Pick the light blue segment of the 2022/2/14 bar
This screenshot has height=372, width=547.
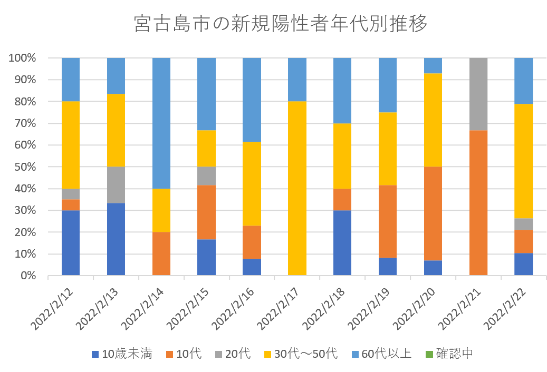[161, 123]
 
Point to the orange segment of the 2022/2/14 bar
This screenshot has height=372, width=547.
[161, 253]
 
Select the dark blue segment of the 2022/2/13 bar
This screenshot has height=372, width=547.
[116, 239]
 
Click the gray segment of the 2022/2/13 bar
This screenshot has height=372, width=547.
[116, 184]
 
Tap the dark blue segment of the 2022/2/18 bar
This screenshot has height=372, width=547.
[342, 242]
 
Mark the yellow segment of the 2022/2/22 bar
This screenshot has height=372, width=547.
[523, 161]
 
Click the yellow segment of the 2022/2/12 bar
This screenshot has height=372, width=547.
[71, 144]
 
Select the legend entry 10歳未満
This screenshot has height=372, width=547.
[122, 354]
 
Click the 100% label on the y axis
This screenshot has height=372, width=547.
[22, 58]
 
